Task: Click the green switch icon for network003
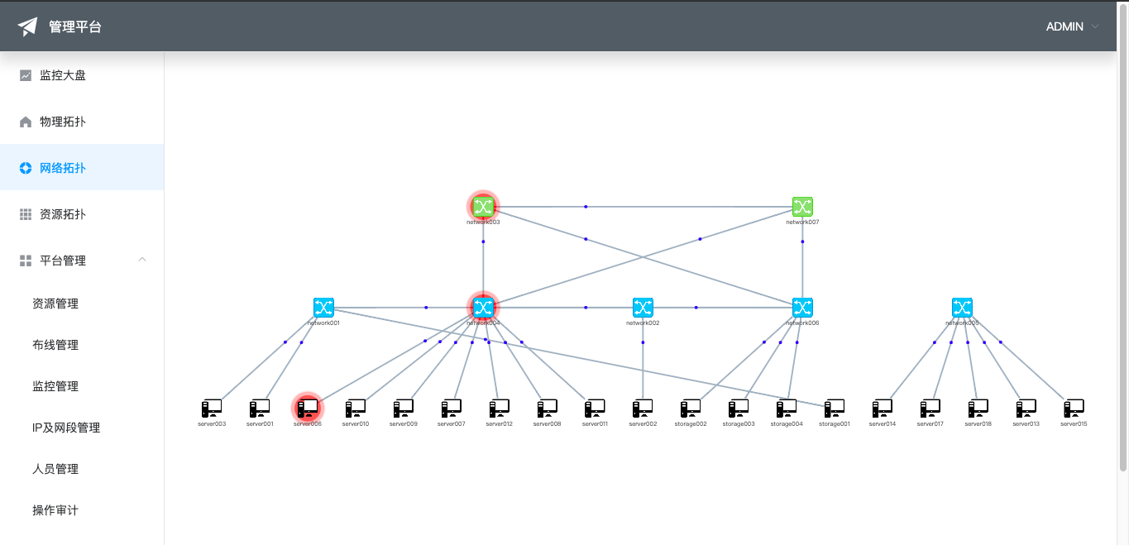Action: click(483, 207)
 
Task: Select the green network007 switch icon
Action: click(802, 207)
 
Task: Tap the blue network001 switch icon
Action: click(323, 308)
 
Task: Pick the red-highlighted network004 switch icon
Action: click(483, 308)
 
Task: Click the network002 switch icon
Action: click(643, 308)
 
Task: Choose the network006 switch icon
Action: click(802, 308)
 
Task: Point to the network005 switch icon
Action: click(962, 308)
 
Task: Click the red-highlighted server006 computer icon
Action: click(308, 408)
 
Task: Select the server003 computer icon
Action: click(212, 408)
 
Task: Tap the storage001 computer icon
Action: click(835, 408)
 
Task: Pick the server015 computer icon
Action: click(1074, 408)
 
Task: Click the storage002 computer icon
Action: click(691, 408)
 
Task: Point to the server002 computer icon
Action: click(643, 408)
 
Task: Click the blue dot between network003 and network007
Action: click(586, 206)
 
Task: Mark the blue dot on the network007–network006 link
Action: click(802, 241)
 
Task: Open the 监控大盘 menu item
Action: click(63, 75)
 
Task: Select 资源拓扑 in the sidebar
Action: click(63, 214)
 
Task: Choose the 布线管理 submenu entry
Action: click(55, 345)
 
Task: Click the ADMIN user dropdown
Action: click(1072, 26)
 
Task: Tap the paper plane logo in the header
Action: click(28, 26)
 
